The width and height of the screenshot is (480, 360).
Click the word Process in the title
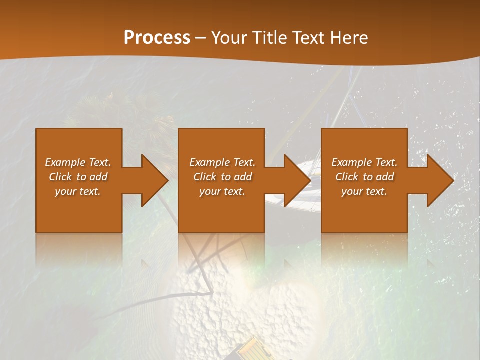(x=157, y=38)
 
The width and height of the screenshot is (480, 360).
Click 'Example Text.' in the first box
(x=78, y=162)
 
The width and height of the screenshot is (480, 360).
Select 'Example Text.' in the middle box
(x=222, y=162)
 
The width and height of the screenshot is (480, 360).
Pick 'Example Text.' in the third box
(x=364, y=162)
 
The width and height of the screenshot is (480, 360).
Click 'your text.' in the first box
(x=78, y=191)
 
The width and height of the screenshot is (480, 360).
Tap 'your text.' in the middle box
(x=222, y=191)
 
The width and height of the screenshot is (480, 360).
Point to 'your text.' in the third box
(x=364, y=191)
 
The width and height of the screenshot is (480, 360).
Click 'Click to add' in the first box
(x=78, y=177)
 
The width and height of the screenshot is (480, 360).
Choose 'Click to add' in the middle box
(x=222, y=177)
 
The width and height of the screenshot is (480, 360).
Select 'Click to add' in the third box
(x=364, y=177)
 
